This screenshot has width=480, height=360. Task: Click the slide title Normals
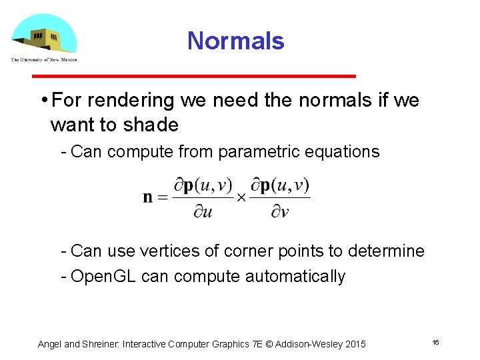click(235, 41)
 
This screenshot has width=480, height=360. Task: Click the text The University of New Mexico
click(43, 59)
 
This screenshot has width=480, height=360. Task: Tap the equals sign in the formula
click(163, 198)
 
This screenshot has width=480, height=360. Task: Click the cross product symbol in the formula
click(241, 198)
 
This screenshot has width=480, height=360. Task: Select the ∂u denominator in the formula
click(203, 213)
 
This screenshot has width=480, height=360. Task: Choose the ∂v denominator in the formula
click(280, 213)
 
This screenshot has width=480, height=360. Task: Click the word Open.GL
click(103, 277)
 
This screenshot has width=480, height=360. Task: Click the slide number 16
click(435, 342)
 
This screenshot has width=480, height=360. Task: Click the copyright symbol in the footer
click(269, 344)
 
